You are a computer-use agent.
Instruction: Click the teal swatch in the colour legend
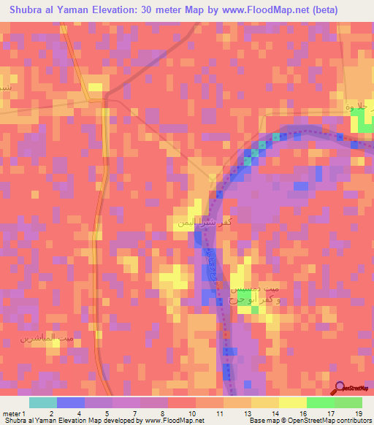coord(43,402)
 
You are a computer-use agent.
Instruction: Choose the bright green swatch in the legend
coord(320,402)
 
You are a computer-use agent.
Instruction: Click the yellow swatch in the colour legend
coord(292,402)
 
